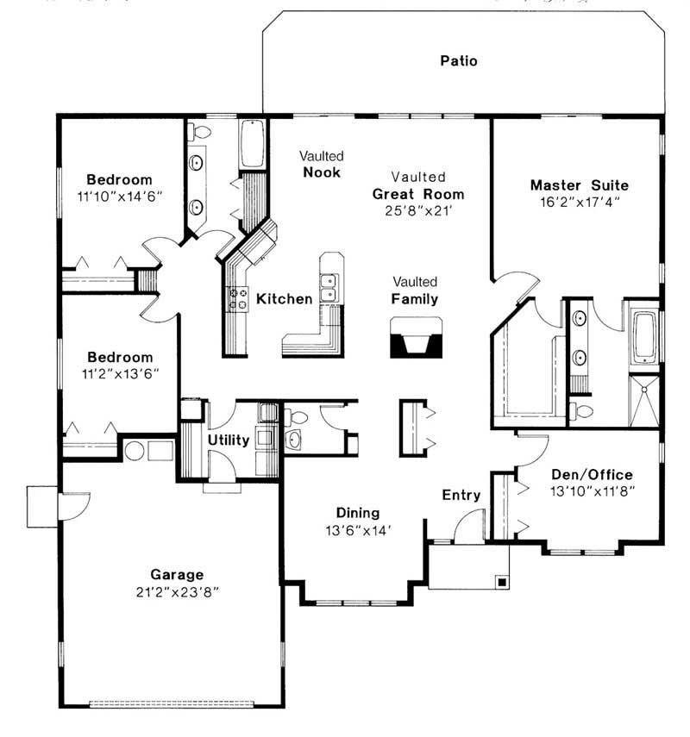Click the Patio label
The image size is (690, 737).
[x=458, y=60]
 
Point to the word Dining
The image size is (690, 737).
[x=358, y=513]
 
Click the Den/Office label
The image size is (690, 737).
[x=592, y=474]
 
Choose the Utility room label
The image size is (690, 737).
[x=229, y=440]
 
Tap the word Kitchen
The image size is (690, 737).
[x=285, y=299]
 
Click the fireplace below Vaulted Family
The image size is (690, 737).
[x=417, y=338]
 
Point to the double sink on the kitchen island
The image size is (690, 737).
[x=329, y=287]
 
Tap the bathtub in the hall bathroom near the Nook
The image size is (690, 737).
[x=254, y=144]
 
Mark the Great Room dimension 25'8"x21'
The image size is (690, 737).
[x=418, y=209]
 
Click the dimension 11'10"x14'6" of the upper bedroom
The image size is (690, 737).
[x=119, y=196]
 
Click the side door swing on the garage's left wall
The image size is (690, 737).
[x=69, y=507]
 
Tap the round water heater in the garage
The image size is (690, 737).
[x=134, y=450]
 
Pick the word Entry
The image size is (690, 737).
[x=461, y=495]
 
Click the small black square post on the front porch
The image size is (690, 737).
[x=500, y=581]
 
